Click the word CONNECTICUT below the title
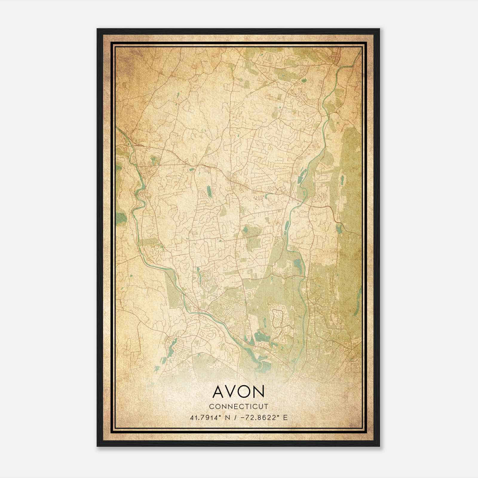239,406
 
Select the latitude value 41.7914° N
209,417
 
